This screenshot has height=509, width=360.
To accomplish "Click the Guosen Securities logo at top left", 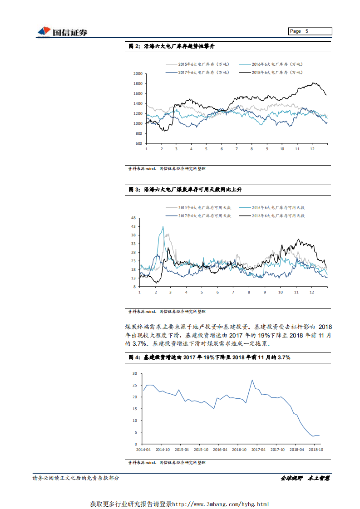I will (x=62, y=32).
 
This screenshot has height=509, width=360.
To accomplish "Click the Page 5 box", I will (x=310, y=31).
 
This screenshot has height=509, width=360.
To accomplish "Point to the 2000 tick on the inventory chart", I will (x=138, y=73).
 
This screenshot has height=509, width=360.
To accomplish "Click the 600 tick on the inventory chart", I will (x=139, y=143).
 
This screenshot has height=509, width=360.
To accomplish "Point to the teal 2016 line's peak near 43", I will (x=163, y=227).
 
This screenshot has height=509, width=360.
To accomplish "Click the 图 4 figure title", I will (x=209, y=357).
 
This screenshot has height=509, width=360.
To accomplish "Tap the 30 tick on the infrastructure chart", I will (x=134, y=373).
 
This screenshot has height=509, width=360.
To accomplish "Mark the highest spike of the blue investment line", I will (x=252, y=380).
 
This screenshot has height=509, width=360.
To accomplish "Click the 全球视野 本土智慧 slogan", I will (x=305, y=478).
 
